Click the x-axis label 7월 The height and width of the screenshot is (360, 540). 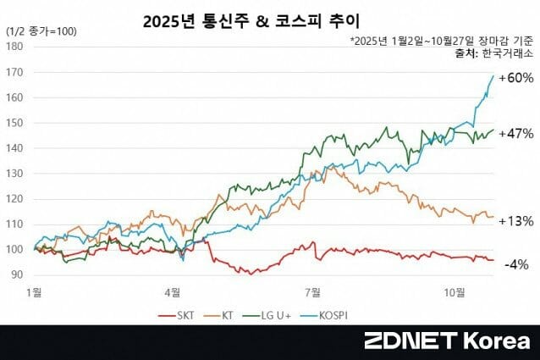tap(315, 292)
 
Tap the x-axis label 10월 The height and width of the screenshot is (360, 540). tap(455, 292)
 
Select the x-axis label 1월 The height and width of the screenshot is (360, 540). tap(35, 292)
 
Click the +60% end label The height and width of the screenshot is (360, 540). tap(515, 78)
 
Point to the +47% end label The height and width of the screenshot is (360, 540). tap(515, 133)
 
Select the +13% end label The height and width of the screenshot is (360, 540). tap(515, 221)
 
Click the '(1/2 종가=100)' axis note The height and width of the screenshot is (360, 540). tap(41, 31)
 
